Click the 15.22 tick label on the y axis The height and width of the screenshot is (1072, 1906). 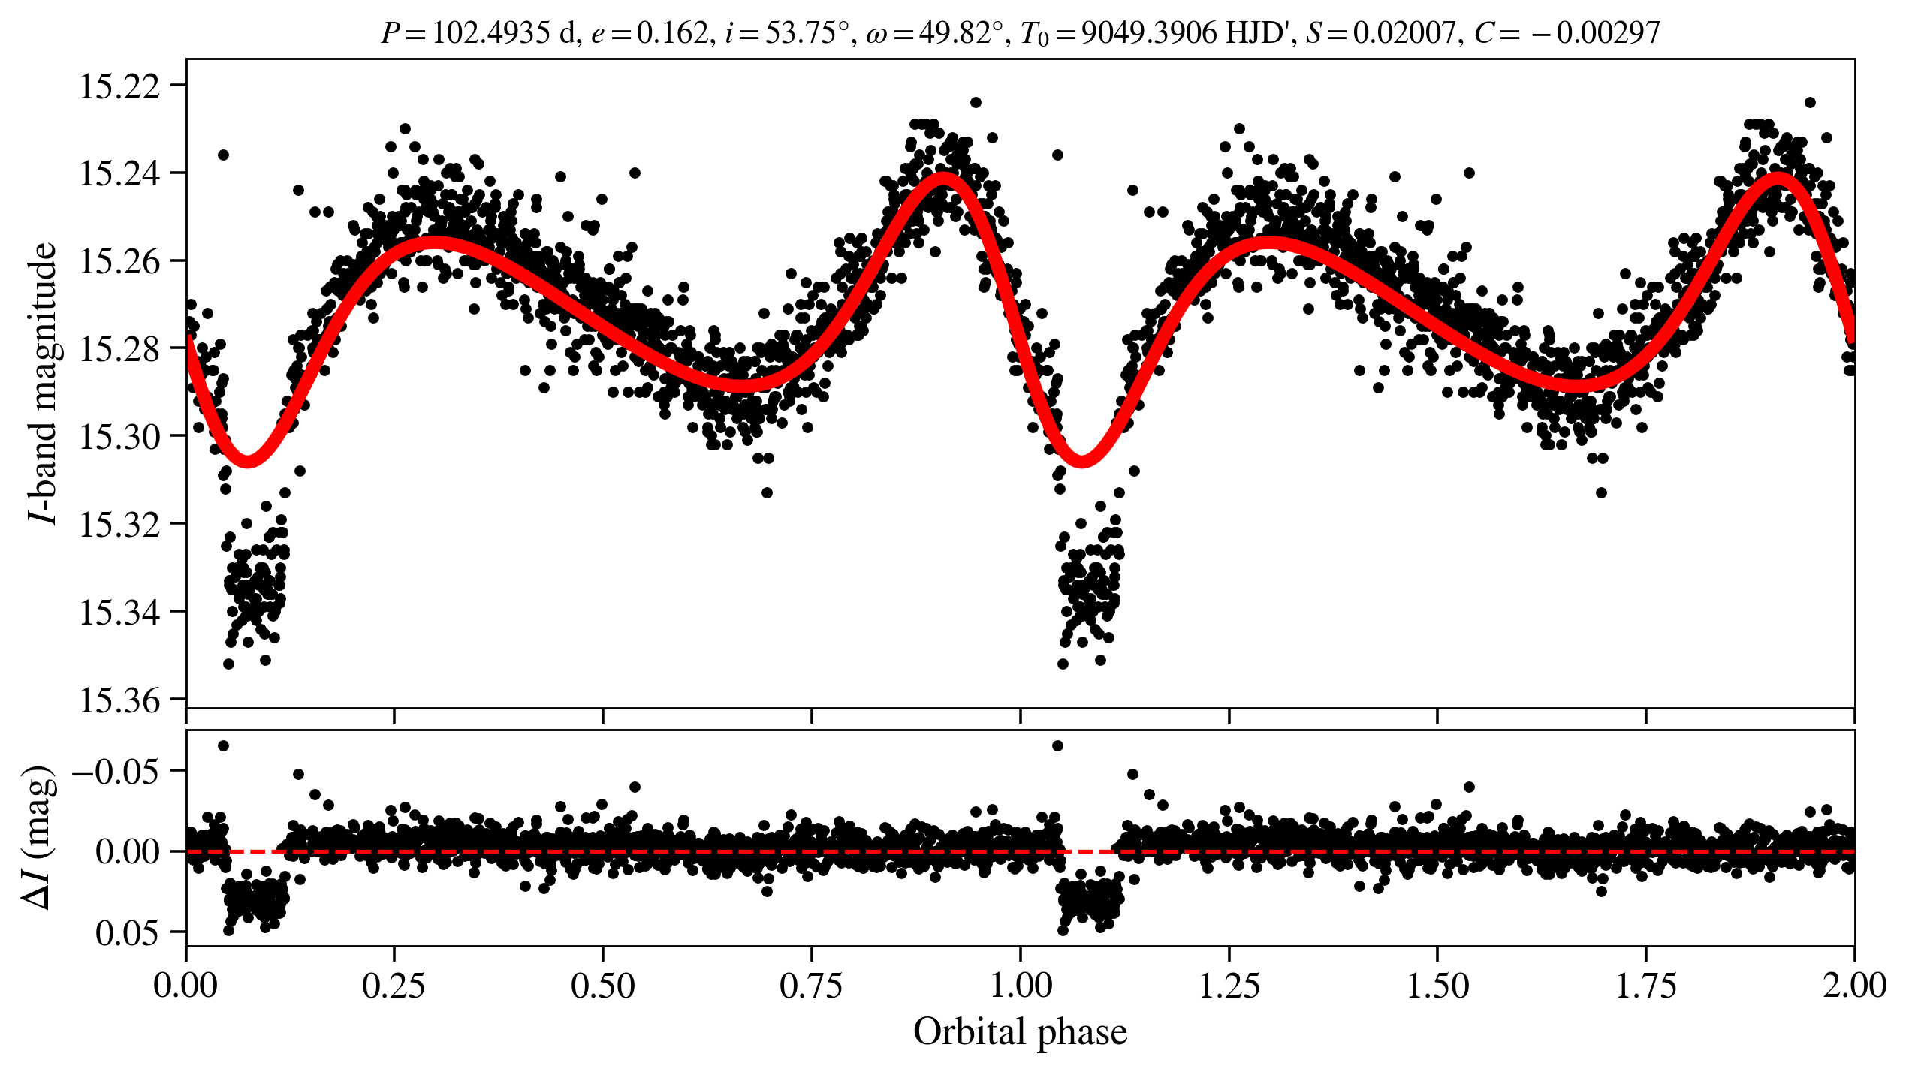click(x=120, y=86)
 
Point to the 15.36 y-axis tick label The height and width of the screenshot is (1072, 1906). click(x=120, y=700)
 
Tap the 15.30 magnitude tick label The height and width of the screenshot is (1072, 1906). click(x=120, y=437)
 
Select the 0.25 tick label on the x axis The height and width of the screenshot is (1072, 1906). click(x=394, y=985)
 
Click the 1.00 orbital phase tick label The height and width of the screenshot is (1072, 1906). click(x=1020, y=985)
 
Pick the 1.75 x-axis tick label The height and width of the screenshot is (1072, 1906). click(x=1645, y=985)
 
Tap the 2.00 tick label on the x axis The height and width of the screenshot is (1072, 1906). click(x=1853, y=985)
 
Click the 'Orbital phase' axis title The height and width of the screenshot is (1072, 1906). click(x=1020, y=1032)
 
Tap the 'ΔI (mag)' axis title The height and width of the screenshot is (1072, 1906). click(x=39, y=837)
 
